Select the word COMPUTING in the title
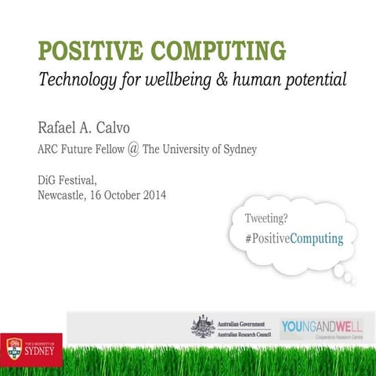tap(222, 51)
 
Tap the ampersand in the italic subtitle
tap(237, 80)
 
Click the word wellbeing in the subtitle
tap(196, 80)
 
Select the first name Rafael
tap(61, 128)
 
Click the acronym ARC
tap(49, 149)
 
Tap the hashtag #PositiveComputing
tap(294, 238)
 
